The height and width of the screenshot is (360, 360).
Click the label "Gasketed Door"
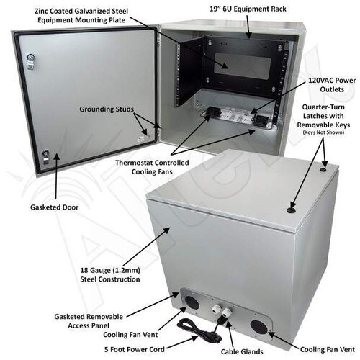pos(54,207)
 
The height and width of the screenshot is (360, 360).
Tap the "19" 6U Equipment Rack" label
pos(248,9)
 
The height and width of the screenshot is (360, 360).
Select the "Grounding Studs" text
pos(107,109)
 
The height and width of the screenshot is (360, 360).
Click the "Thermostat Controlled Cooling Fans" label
pos(152,167)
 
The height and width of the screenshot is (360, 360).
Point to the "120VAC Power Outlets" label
pos(332,85)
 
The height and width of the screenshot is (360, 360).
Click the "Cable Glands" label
pos(242,351)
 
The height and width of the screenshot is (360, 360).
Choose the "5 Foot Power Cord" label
pos(135,349)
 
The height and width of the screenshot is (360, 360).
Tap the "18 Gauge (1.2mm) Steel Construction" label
pos(110,274)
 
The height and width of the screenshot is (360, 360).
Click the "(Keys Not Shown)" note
pos(323,132)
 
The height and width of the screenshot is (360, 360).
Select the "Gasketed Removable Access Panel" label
pos(89,321)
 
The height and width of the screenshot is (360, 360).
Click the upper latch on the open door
pos(31,61)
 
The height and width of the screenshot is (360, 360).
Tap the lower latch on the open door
pos(46,157)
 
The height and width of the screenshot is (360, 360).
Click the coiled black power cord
pos(199,329)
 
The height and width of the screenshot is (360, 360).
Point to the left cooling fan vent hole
pos(192,302)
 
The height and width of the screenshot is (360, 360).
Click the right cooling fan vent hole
pos(259,327)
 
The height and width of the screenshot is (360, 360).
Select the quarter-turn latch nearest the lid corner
pos(323,170)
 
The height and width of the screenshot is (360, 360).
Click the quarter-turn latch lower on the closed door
pos(291,210)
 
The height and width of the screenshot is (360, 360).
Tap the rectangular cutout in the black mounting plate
pos(243,66)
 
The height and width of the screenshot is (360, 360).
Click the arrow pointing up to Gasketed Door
pos(56,176)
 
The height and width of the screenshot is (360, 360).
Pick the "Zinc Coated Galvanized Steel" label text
pos(81,12)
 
